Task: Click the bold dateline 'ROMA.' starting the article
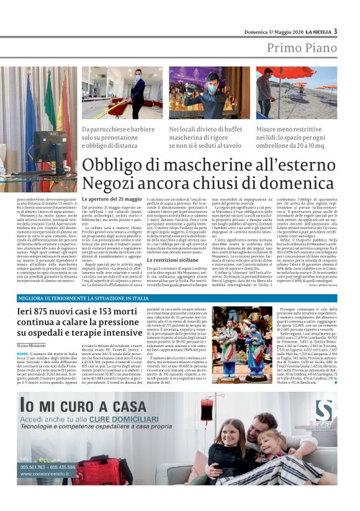tap(22, 353)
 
